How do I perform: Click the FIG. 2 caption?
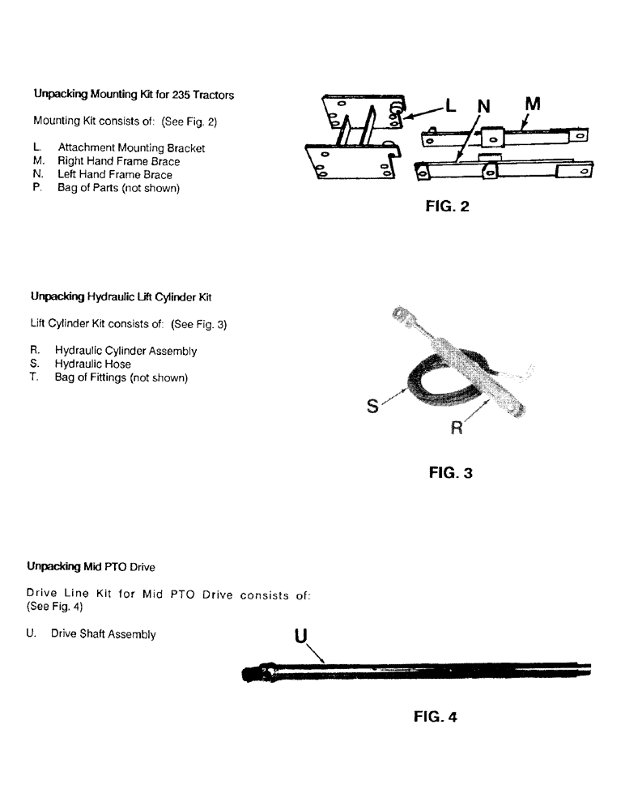447,207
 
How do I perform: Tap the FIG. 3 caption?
450,472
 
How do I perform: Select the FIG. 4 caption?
435,716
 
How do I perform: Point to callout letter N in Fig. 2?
484,107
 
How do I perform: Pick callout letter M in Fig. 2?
534,104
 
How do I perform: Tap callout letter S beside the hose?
372,406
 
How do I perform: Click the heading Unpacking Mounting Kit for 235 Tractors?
134,95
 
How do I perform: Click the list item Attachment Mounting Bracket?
131,148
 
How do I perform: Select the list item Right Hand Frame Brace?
118,161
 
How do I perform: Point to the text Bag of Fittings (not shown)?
121,377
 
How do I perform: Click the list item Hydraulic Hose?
92,364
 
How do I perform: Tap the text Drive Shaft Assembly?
103,634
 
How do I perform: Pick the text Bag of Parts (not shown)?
118,188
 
